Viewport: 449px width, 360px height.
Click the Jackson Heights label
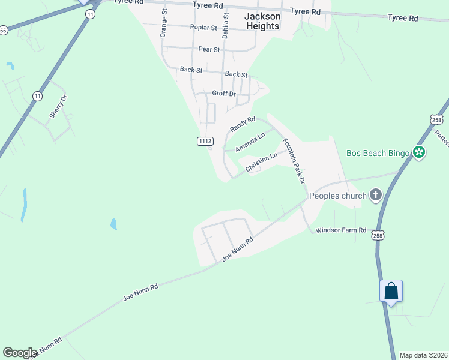262,22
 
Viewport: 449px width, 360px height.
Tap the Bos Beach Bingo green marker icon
419,153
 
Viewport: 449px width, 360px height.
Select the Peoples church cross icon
376,195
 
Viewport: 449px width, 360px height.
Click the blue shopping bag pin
391,292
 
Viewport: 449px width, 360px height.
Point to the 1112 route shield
205,141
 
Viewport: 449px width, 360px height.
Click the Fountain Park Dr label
294,161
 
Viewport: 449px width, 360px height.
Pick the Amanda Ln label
250,143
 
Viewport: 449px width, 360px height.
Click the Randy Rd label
243,125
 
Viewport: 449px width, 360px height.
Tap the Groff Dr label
224,93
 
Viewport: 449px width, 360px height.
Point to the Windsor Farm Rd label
341,230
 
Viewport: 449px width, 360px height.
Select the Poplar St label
203,28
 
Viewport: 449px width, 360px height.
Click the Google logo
20,353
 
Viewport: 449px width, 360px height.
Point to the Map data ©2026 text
423,355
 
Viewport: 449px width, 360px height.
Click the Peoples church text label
337,196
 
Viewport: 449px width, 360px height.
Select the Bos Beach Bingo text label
378,153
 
